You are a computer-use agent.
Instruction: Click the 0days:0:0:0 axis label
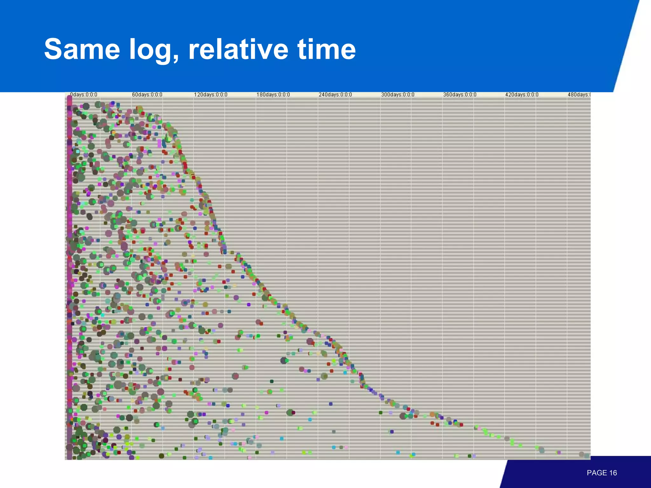click(x=84, y=95)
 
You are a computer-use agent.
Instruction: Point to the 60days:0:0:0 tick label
click(x=147, y=95)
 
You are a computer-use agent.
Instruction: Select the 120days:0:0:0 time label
click(x=210, y=95)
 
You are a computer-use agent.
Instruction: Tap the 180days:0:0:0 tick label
click(x=273, y=95)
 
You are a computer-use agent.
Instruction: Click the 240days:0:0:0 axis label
click(x=335, y=95)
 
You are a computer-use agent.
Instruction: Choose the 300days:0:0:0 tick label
click(x=398, y=95)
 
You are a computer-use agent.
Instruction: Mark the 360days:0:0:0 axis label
click(x=460, y=95)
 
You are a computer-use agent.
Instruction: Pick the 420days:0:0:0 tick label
click(x=522, y=95)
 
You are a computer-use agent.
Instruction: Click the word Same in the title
click(x=82, y=49)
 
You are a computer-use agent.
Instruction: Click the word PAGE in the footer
click(x=597, y=473)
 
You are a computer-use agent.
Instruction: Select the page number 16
click(x=613, y=473)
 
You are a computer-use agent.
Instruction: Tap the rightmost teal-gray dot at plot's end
click(x=587, y=456)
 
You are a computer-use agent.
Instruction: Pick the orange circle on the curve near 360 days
click(x=432, y=414)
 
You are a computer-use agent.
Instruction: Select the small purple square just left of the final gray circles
click(x=559, y=452)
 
